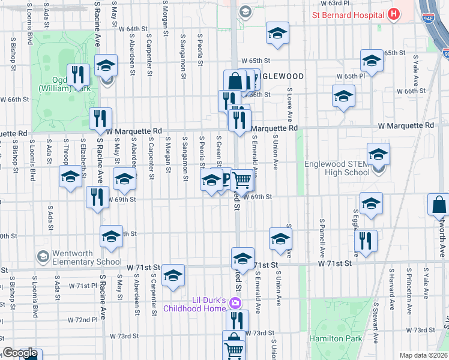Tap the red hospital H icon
coord(393,14)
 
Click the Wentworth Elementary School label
coord(78,257)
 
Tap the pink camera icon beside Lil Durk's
coord(236,302)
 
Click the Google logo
coord(20,353)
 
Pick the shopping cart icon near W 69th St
coord(242,179)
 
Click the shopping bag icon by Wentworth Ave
coord(439,204)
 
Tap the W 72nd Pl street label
coord(83,319)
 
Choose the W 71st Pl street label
coord(83,286)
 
